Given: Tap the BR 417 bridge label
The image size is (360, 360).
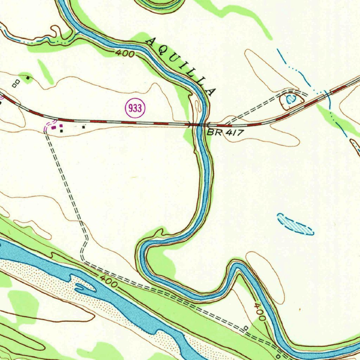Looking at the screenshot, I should click(x=225, y=133).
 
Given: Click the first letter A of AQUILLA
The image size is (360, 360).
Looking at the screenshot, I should click(x=151, y=41).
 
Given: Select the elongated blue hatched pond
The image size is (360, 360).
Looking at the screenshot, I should click(x=295, y=224).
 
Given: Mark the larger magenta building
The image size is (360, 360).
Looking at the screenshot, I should click(x=54, y=128).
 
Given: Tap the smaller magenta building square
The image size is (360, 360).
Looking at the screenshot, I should click(x=61, y=126).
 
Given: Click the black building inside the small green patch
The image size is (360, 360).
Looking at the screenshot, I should click(x=27, y=77).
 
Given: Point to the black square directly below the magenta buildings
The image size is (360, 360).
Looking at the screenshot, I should click(x=62, y=131).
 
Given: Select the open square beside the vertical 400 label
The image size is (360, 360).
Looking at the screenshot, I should click(x=246, y=328).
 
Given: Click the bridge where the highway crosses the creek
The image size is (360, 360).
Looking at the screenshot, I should click(x=200, y=124).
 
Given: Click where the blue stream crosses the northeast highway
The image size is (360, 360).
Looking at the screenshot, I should click(x=327, y=94).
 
